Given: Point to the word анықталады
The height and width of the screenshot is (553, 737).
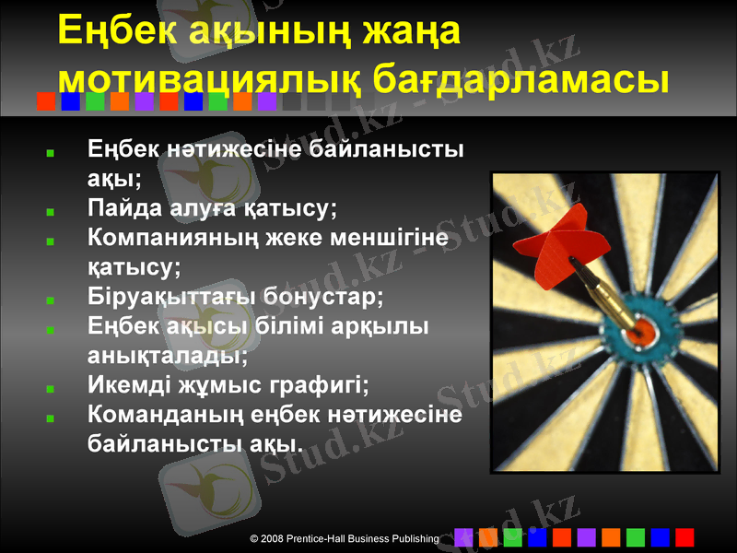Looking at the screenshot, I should tap(166, 354).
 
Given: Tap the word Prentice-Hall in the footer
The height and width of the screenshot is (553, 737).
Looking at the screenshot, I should tap(322, 537).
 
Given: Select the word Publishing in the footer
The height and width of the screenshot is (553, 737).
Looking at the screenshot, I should tap(413, 537).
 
